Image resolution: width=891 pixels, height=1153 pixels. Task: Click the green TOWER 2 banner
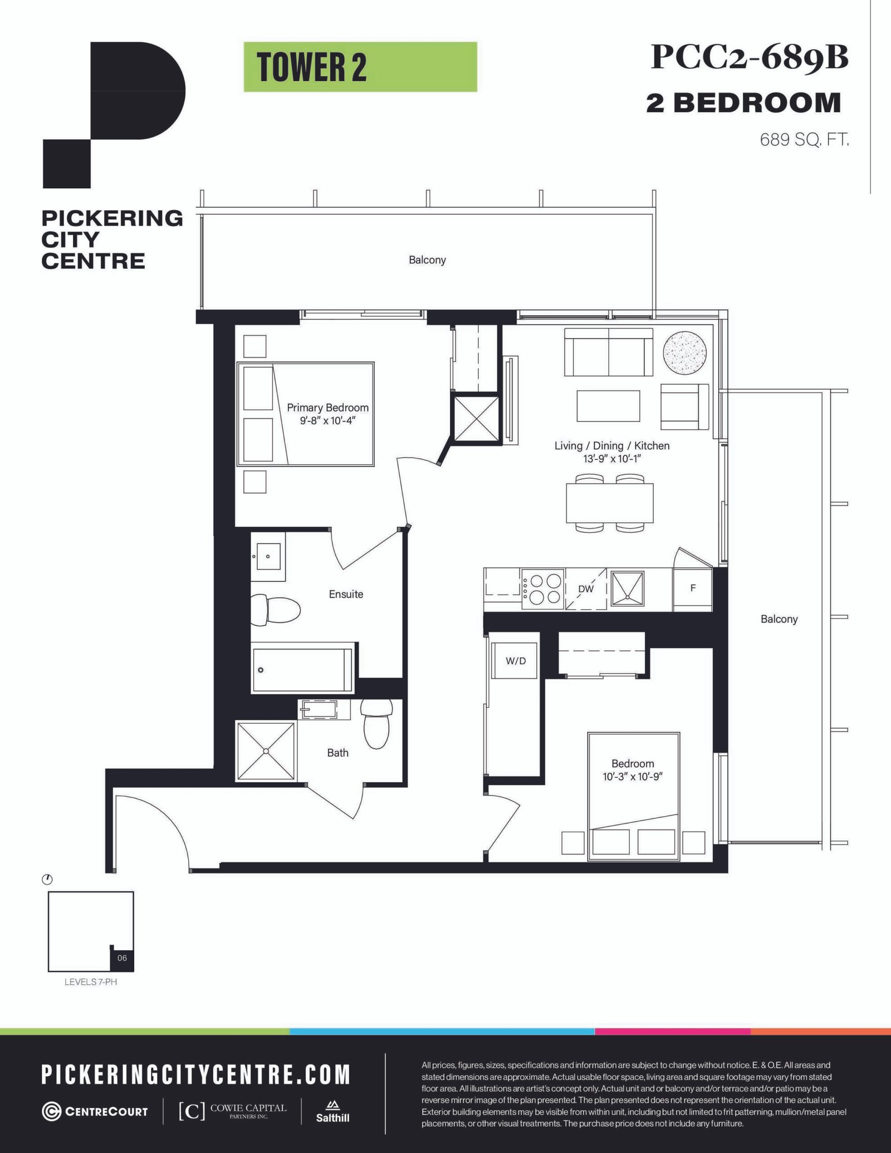[360, 67]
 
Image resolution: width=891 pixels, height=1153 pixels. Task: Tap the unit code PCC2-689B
[750, 57]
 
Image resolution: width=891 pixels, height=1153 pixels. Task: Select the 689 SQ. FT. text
[804, 139]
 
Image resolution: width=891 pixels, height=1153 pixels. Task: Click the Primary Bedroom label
[327, 408]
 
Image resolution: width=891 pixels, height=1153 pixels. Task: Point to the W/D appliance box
[516, 661]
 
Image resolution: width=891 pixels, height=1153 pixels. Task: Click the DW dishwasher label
[585, 588]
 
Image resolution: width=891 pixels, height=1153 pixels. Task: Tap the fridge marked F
[693, 588]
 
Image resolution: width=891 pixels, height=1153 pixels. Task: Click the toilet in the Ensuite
[276, 609]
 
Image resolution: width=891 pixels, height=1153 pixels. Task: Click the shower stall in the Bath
[266, 751]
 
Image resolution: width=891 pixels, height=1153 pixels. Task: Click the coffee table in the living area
[608, 406]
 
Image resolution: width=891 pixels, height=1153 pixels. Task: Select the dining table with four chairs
[610, 503]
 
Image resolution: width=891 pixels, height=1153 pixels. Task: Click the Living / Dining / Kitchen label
[611, 445]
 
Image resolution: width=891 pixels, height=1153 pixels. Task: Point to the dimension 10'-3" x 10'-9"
[632, 777]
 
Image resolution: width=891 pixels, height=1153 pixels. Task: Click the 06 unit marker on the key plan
[122, 958]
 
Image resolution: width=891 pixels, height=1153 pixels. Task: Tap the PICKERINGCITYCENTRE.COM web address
[196, 1075]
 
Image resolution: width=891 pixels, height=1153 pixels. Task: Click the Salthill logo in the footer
[332, 1111]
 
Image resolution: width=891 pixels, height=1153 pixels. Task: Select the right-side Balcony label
[779, 619]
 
